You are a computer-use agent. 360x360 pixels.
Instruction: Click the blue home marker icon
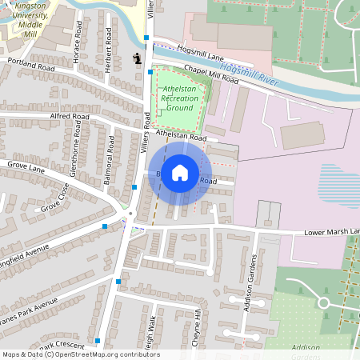click(180, 172)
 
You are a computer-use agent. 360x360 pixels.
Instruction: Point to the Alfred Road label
click(69, 117)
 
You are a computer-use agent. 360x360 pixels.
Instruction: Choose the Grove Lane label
click(26, 167)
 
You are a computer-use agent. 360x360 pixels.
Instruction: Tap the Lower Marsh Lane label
click(332, 232)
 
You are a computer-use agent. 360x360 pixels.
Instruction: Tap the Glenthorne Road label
click(75, 156)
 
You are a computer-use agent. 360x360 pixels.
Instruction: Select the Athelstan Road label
click(182, 138)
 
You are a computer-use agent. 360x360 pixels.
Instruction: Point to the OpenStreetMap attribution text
click(80, 354)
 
